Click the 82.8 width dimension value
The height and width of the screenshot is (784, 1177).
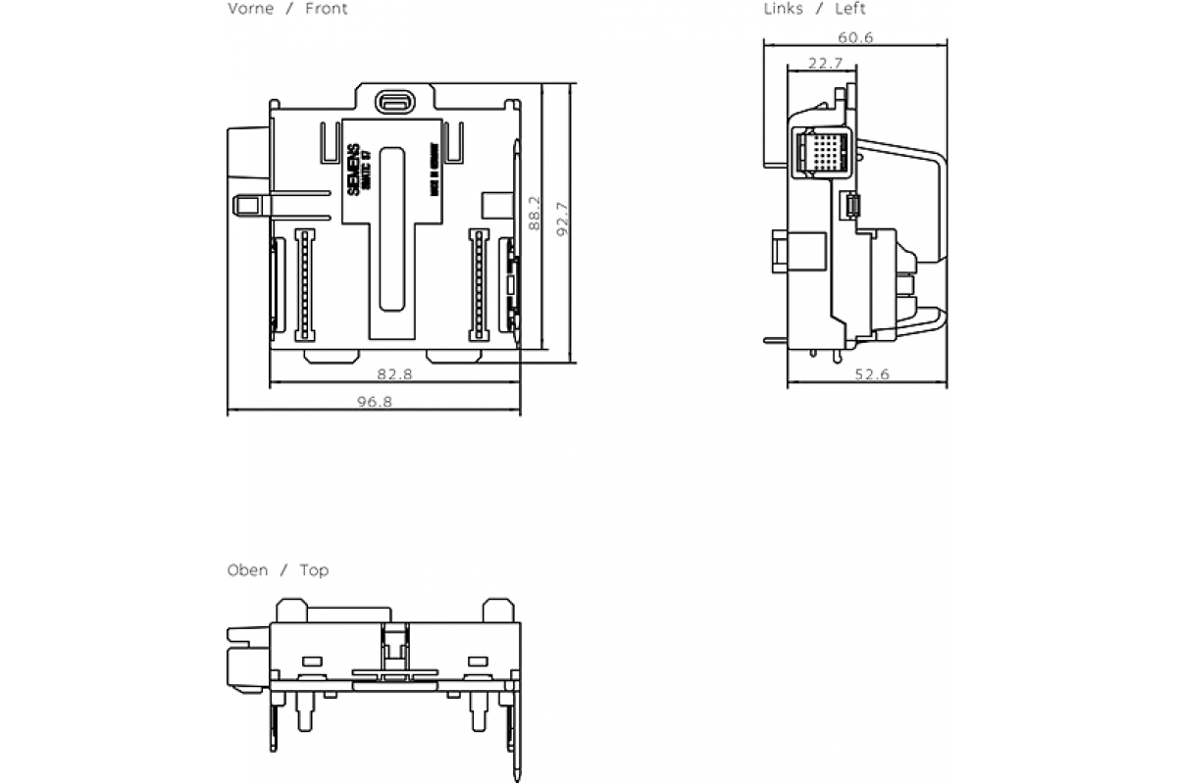pyautogui.click(x=394, y=374)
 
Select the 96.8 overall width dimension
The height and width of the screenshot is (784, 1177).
pyautogui.click(x=374, y=403)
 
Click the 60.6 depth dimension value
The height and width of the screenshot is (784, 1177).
pyautogui.click(x=855, y=37)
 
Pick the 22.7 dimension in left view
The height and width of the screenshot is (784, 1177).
pyautogui.click(x=825, y=64)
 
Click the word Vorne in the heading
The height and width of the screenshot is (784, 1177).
pyautogui.click(x=251, y=9)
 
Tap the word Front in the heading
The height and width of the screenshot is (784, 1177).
pyautogui.click(x=327, y=9)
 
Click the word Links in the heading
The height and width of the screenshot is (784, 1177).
pyautogui.click(x=784, y=9)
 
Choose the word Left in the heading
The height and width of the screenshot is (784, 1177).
pyautogui.click(x=849, y=9)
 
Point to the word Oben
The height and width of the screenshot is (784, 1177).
pyautogui.click(x=247, y=570)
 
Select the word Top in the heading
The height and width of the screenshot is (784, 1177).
pyautogui.click(x=314, y=570)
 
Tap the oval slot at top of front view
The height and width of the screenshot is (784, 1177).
pyautogui.click(x=393, y=100)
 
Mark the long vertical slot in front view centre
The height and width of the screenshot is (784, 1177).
pyautogui.click(x=392, y=230)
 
